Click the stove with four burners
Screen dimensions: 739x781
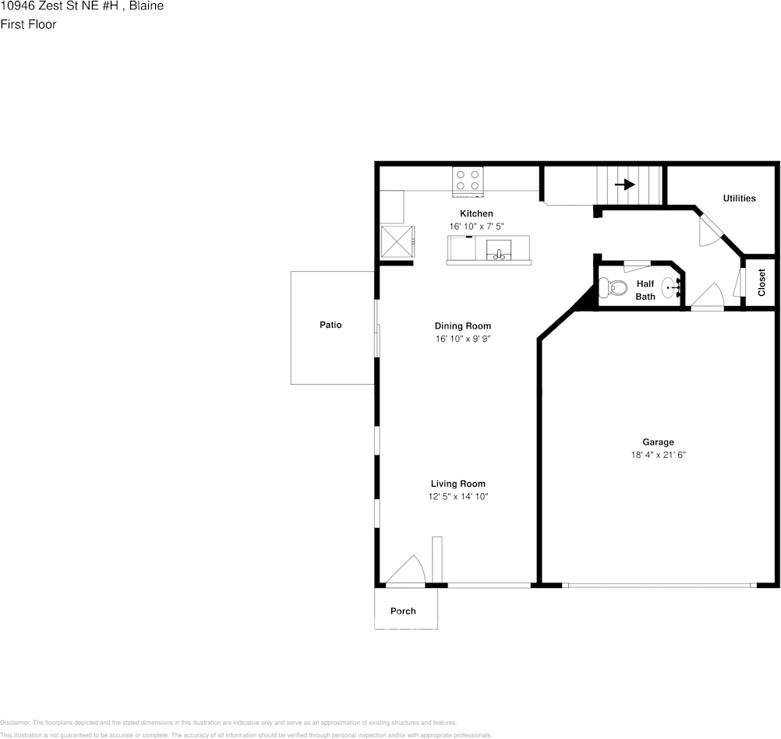coord(468,181)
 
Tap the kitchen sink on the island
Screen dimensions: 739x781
coord(499,251)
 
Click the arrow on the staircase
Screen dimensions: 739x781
coord(624,185)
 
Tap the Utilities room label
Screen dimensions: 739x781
coord(739,198)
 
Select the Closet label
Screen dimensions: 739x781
coord(762,282)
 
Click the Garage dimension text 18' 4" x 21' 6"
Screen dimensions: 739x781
coord(658,456)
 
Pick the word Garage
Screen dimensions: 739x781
coord(658,442)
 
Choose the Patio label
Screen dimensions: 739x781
coord(330,325)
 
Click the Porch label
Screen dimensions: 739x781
coord(403,611)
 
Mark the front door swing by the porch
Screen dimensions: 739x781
coord(407,571)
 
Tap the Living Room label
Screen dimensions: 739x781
coord(458,484)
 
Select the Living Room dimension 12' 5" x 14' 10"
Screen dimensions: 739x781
coord(458,497)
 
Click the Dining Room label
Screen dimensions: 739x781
coord(462,326)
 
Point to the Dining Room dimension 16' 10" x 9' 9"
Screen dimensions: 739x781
coord(462,339)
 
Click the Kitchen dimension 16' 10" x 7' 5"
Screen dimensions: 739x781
coord(476,227)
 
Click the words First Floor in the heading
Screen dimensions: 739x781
coord(28,24)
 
